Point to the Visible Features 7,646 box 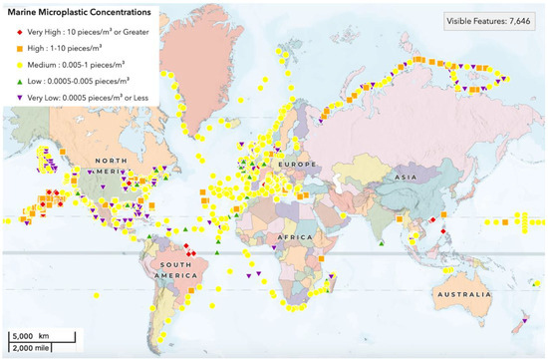pos(493,21)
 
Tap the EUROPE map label pos(296,163)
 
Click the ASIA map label pos(405,177)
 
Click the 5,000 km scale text pos(35,335)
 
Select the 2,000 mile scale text pos(36,348)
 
